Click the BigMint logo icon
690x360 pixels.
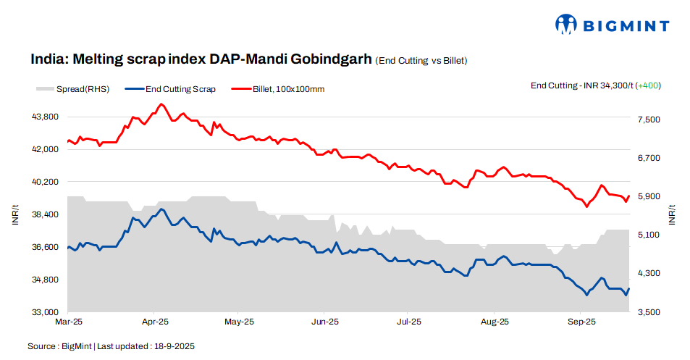566,25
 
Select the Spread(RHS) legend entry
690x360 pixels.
72,89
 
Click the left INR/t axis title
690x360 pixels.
15,215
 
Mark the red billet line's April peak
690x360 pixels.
161,104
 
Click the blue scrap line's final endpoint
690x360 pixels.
629,288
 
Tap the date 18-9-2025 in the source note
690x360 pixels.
173,347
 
